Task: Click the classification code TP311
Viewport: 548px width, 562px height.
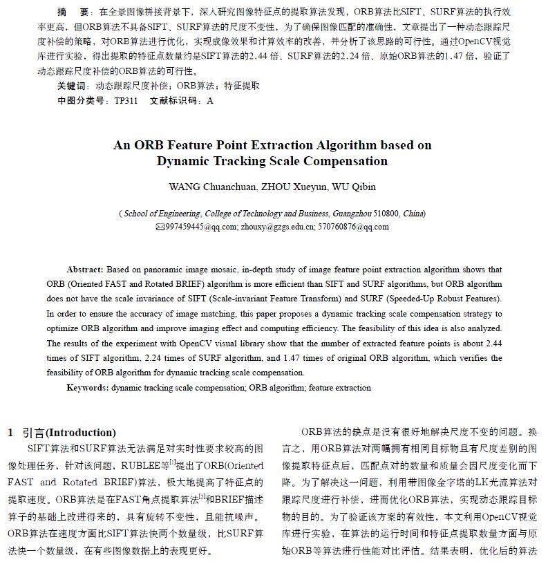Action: pyautogui.click(x=126, y=100)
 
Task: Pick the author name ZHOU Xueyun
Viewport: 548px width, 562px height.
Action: pyautogui.click(x=285, y=187)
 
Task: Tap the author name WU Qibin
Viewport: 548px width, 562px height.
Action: pyautogui.click(x=352, y=187)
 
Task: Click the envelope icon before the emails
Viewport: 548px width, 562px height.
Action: pyautogui.click(x=160, y=227)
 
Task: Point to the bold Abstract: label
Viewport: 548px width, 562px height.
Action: pyautogui.click(x=85, y=269)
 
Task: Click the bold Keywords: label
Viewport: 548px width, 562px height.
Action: pyautogui.click(x=87, y=388)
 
